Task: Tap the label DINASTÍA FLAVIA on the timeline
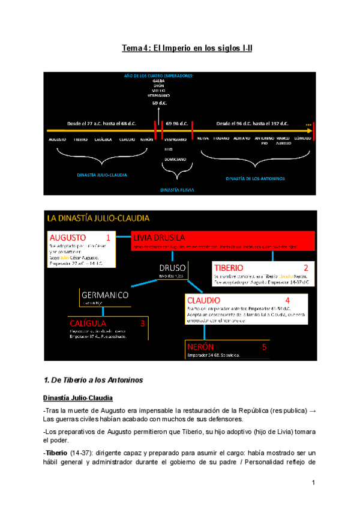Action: click(x=177, y=189)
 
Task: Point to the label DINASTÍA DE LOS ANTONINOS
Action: click(x=255, y=178)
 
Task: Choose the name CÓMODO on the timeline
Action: click(x=302, y=139)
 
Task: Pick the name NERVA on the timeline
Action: click(x=203, y=139)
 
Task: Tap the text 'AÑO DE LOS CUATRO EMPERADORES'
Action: click(x=159, y=76)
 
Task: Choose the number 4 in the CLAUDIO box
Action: click(x=287, y=300)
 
